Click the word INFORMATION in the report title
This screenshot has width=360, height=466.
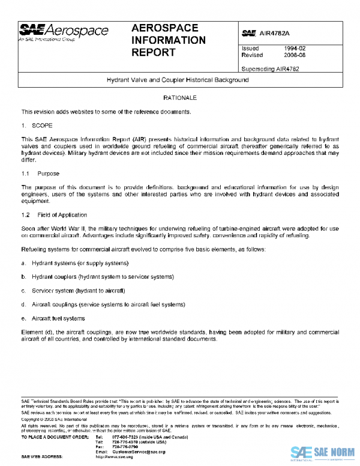pyautogui.click(x=168, y=40)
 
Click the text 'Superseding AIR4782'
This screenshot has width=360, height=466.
pyautogui.click(x=269, y=68)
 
